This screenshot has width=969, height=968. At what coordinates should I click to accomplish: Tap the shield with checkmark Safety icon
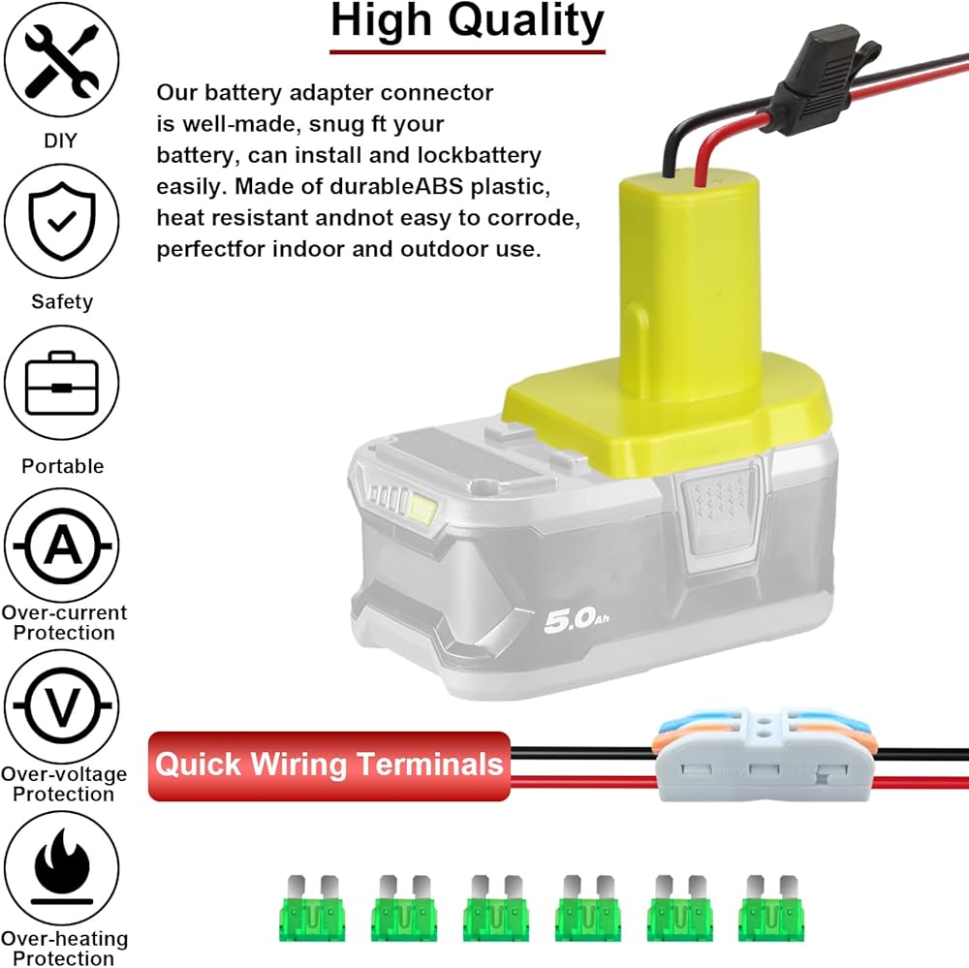[x=62, y=222]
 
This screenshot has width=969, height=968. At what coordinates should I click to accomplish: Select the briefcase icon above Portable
[x=62, y=385]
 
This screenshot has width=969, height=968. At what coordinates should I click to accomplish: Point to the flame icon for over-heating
[x=62, y=871]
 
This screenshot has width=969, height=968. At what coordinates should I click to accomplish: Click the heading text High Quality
[x=467, y=20]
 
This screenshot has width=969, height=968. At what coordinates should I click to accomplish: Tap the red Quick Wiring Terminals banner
[x=329, y=765]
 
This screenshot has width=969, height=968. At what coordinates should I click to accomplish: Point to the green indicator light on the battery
[x=423, y=505]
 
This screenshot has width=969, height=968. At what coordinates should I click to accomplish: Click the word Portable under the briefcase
[x=63, y=466]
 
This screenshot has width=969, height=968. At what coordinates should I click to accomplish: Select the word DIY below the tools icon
[x=60, y=141]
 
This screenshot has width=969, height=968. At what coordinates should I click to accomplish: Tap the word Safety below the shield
[x=62, y=301]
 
